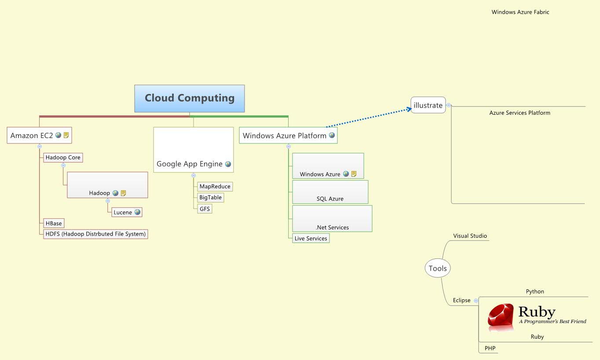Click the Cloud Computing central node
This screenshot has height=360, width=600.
(190, 98)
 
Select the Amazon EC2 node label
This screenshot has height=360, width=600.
(32, 135)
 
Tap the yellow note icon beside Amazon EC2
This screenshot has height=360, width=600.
(66, 135)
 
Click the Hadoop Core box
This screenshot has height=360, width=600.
(62, 157)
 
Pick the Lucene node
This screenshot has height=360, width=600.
(123, 212)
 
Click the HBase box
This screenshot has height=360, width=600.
(53, 223)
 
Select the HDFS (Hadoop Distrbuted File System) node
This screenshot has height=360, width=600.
(95, 234)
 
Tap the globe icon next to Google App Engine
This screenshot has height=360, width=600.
(228, 164)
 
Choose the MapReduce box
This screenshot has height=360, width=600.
(215, 186)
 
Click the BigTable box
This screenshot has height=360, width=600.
(210, 197)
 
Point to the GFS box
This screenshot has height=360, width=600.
(205, 209)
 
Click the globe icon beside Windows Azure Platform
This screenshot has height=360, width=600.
(332, 135)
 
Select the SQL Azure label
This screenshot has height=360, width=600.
(330, 199)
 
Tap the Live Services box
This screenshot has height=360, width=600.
(311, 238)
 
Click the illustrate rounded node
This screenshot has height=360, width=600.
(428, 105)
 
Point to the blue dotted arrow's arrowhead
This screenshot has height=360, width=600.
(409, 109)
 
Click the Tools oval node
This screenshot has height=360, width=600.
(438, 268)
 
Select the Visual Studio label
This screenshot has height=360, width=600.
(470, 236)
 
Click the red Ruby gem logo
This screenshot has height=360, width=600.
(501, 316)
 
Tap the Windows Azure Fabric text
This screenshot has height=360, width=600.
(520, 12)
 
